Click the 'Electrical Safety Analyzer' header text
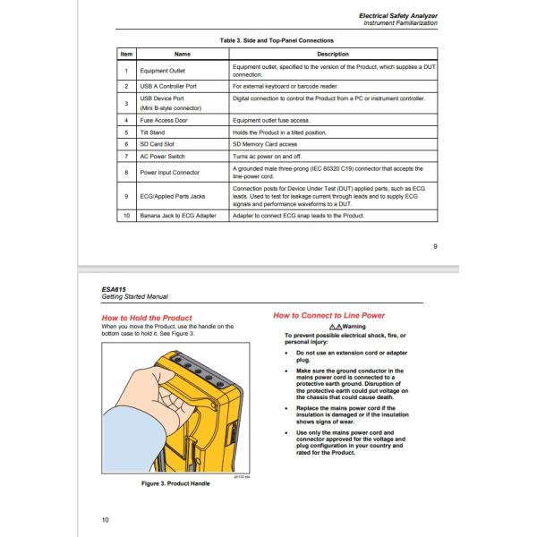(x=398, y=15)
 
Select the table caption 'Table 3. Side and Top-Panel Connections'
(x=277, y=40)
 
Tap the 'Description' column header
(x=334, y=55)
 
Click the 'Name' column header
(x=183, y=55)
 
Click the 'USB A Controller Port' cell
(x=170, y=86)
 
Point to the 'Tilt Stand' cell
(x=154, y=131)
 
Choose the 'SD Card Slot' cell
(x=159, y=143)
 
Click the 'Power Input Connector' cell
(x=170, y=171)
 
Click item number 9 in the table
(x=126, y=196)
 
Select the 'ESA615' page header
(x=113, y=288)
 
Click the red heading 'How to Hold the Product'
(x=146, y=318)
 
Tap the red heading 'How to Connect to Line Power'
(x=328, y=316)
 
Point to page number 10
(x=105, y=520)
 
